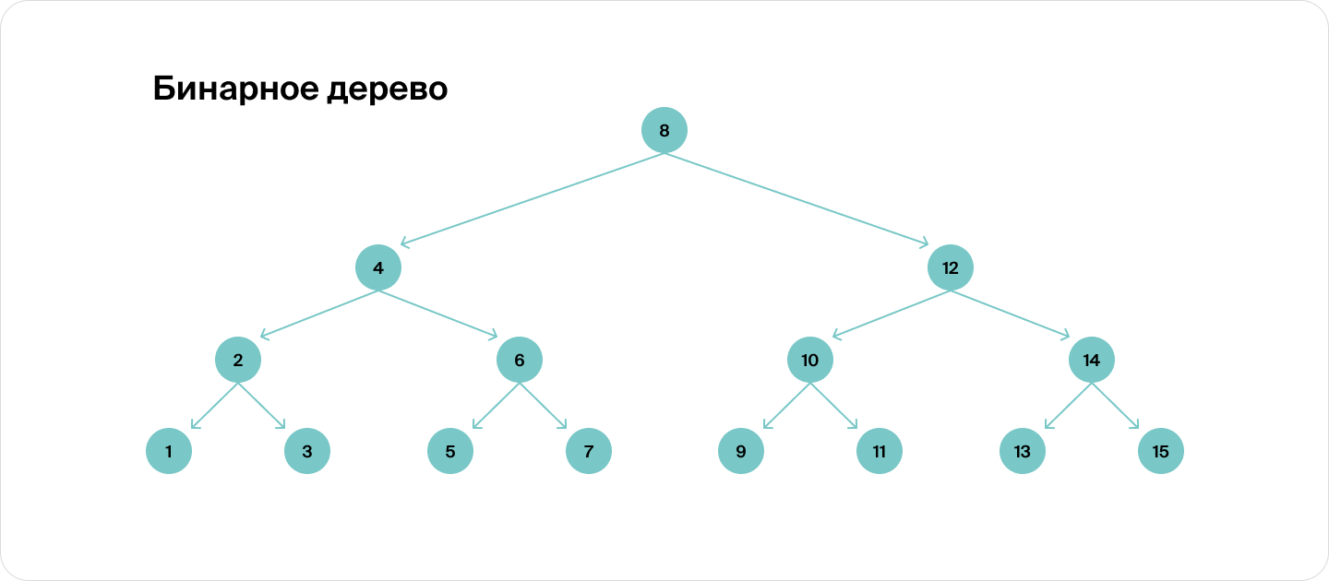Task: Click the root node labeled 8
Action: (x=664, y=130)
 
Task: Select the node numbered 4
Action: (x=378, y=267)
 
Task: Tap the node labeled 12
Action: (x=950, y=267)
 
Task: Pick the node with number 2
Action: (x=238, y=360)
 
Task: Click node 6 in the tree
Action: (x=519, y=360)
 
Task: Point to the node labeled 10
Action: (x=810, y=360)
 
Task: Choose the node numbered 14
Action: (x=1091, y=360)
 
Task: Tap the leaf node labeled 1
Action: (x=169, y=451)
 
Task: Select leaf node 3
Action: (x=306, y=451)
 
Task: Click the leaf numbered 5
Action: (x=449, y=451)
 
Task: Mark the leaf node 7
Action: (x=589, y=451)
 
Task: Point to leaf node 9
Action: (x=740, y=451)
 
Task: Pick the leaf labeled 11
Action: (x=880, y=451)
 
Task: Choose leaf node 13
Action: (x=1023, y=451)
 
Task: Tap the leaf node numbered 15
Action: (x=1160, y=451)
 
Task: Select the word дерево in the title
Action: (x=387, y=90)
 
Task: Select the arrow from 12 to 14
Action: (x=1010, y=314)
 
